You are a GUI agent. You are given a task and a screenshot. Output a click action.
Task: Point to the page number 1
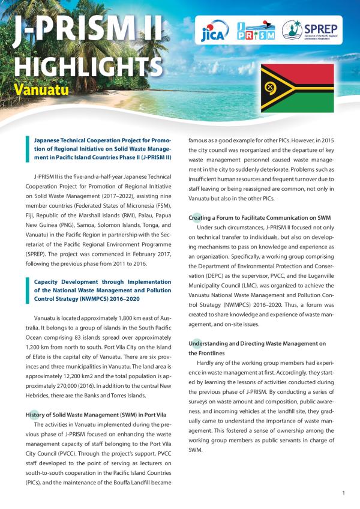click(343, 493)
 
